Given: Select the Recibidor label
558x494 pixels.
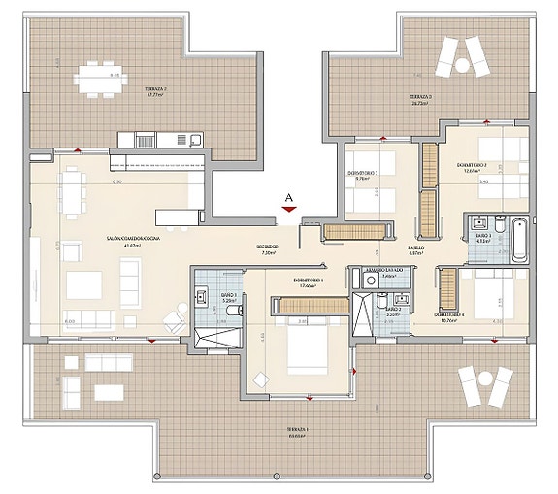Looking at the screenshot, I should click(x=268, y=249).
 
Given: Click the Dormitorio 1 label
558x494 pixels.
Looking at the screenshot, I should click(x=308, y=282).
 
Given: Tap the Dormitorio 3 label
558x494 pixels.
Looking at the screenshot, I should click(x=363, y=175).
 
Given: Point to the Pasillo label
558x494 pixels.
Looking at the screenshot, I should click(x=415, y=249).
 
